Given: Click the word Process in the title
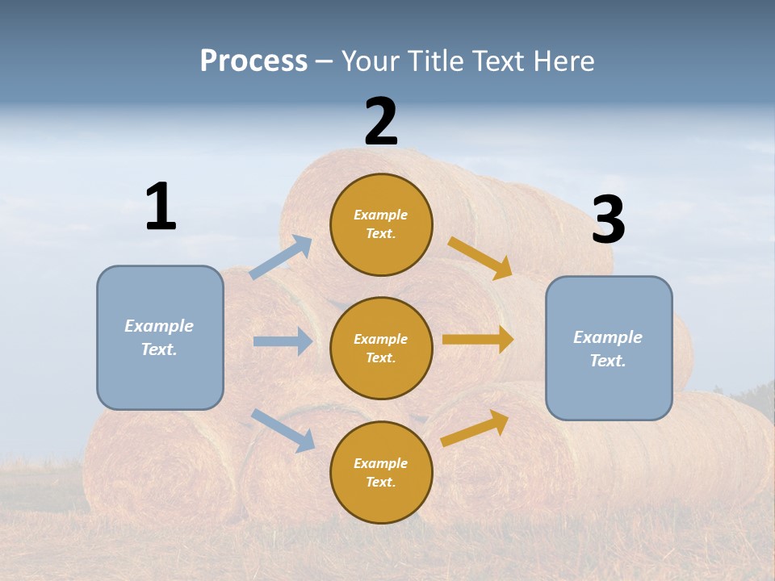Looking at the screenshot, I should click(253, 61).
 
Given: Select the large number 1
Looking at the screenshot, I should click(161, 207).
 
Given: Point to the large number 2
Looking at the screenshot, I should click(381, 122).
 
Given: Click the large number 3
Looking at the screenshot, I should click(608, 220).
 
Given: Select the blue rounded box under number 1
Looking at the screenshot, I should click(160, 337).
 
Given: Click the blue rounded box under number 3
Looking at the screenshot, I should click(609, 348).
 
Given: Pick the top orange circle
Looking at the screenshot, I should click(381, 224).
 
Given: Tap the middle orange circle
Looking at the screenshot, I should click(381, 348).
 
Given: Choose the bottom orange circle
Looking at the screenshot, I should click(381, 472).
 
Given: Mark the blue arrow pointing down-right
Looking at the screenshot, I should click(283, 429).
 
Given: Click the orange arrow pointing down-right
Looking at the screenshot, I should click(480, 257).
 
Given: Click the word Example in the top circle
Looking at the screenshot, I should click(381, 215).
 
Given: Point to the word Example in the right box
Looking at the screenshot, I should click(608, 337).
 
